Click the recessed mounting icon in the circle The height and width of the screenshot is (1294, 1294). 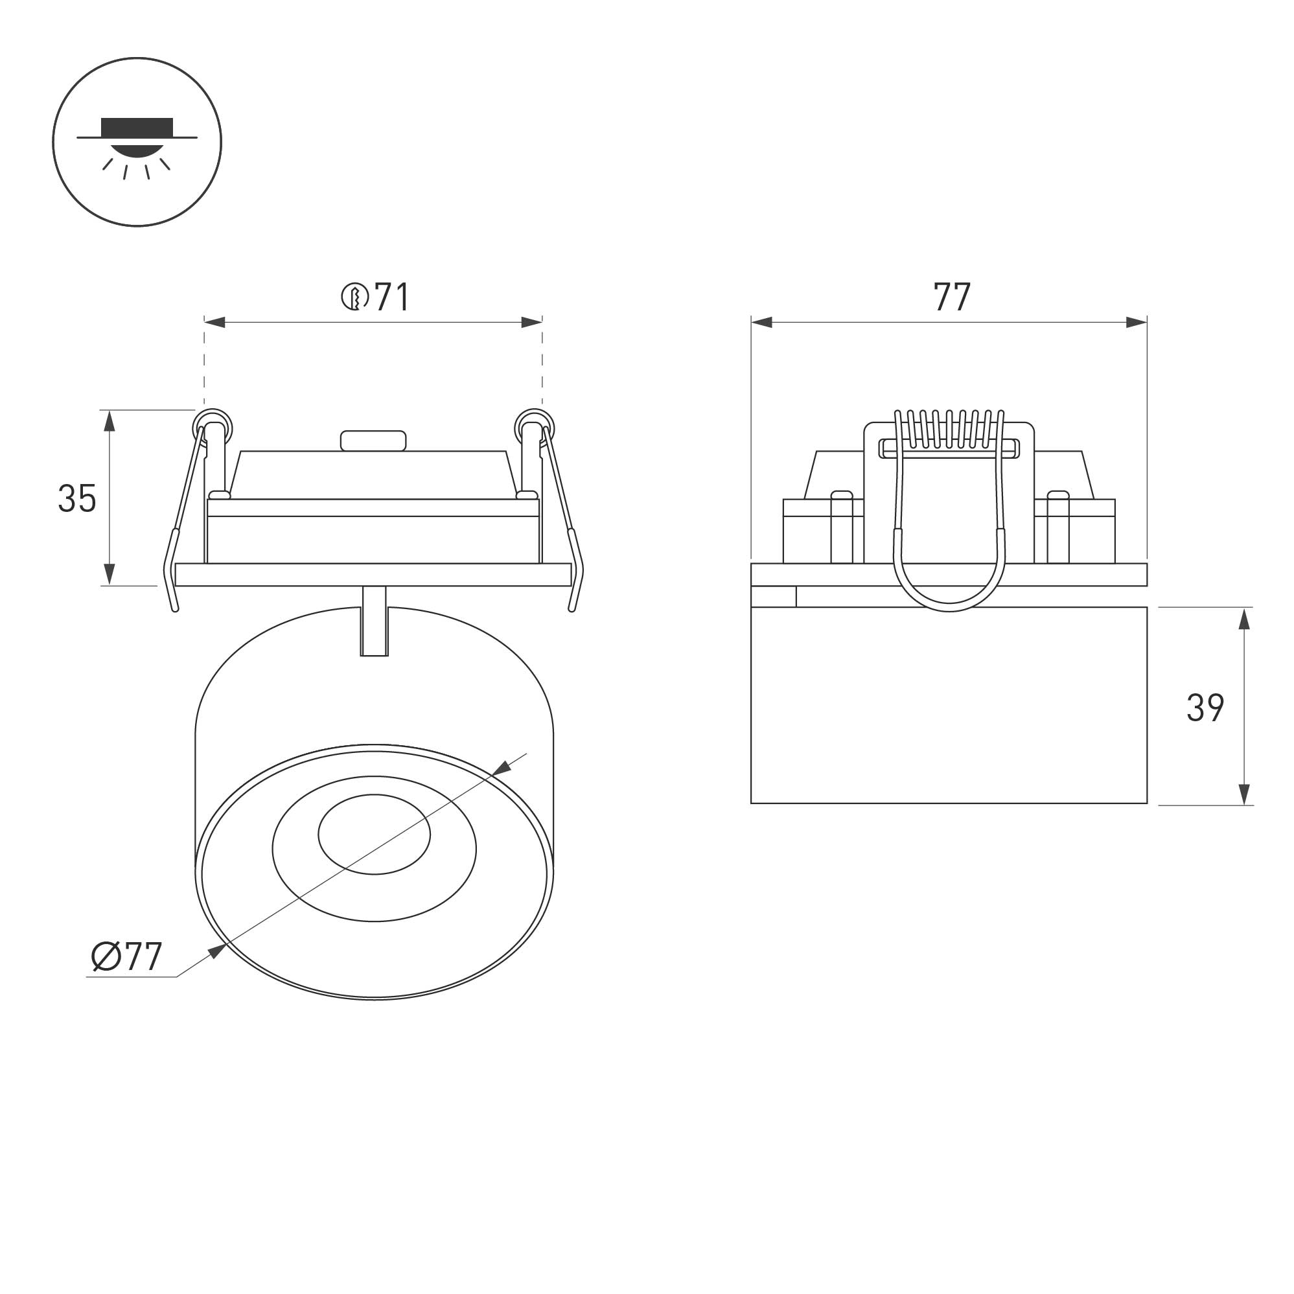click(137, 142)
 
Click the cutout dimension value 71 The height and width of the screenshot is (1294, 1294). click(393, 297)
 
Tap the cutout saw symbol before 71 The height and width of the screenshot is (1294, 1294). click(355, 297)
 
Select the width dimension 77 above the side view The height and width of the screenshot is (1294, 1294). click(952, 297)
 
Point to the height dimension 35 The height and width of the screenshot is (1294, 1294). click(77, 499)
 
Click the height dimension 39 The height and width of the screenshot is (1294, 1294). click(1205, 708)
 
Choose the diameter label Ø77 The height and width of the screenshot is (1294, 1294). click(126, 956)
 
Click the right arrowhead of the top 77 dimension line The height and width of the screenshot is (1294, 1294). click(1137, 323)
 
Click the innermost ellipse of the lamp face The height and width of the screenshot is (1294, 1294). click(374, 834)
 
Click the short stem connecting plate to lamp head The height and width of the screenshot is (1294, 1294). click(374, 620)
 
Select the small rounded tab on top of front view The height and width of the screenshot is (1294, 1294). click(373, 441)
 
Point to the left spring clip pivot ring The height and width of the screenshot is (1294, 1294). click(213, 426)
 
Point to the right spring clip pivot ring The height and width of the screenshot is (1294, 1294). click(534, 426)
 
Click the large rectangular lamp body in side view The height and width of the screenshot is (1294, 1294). click(949, 705)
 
